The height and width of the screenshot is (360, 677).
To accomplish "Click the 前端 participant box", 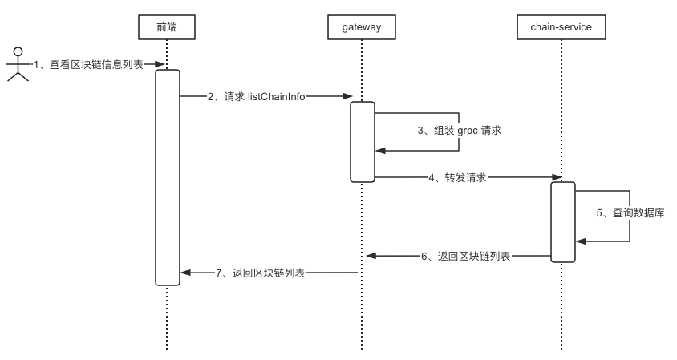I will [167, 28].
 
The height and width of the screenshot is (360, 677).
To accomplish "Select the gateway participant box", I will [361, 28].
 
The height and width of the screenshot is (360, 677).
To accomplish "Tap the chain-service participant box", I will [561, 28].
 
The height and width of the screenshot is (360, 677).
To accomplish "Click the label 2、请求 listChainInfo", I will [256, 96].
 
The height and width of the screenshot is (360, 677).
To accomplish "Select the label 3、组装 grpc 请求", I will [460, 130].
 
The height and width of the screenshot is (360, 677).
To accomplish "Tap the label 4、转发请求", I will [457, 177].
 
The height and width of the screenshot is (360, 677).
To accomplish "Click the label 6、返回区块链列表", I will [465, 257].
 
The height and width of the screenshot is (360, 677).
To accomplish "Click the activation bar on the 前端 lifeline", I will [167, 176].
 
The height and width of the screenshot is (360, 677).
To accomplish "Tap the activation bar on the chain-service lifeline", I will [562, 221].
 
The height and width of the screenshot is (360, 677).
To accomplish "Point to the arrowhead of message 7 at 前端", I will [185, 273].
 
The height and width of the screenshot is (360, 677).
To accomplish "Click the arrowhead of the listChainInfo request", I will [348, 96].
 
